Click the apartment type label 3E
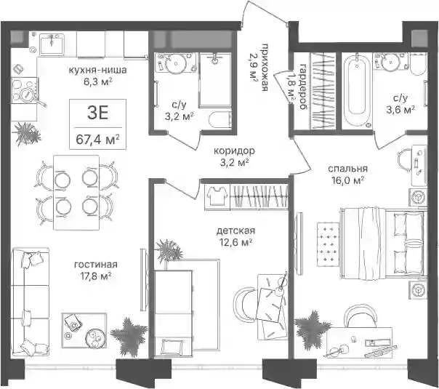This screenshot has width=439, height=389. pos(97,113)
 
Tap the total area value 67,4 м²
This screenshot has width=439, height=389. pos(97,139)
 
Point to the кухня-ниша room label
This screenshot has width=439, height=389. pos(97,70)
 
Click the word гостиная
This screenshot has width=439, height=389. pos(96,264)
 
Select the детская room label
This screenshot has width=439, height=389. pos(235,230)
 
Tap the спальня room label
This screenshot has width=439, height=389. pos(347,169)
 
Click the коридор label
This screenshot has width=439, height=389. pos(234,151)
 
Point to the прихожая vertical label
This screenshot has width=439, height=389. pos(265,68)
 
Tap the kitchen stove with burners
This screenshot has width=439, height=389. pos(24,91)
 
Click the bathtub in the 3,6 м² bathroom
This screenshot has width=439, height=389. pos(356,90)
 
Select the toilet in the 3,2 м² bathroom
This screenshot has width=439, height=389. pos(219,120)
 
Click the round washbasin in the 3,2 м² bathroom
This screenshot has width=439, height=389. pos(176,63)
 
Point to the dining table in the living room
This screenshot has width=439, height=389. pos(76,193)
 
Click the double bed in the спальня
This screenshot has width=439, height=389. pos(383,244)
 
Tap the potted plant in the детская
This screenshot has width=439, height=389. pos(169,250)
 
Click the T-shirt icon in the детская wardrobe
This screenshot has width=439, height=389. pos(217,196)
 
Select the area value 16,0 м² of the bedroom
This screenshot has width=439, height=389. pos(347,180)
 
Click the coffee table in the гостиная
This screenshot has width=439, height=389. pos(84,330)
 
